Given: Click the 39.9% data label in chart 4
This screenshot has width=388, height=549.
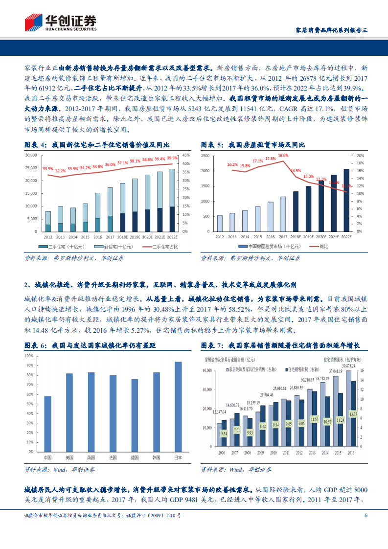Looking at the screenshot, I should point(172,158).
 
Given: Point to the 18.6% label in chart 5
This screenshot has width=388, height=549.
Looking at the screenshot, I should point(283,156).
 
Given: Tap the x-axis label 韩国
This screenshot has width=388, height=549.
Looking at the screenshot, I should point(156,457).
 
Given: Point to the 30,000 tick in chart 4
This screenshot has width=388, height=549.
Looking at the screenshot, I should point(30,155).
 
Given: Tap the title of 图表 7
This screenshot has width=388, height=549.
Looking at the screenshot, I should point(288,345).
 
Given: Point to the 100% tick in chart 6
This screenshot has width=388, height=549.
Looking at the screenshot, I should point(29,356).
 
